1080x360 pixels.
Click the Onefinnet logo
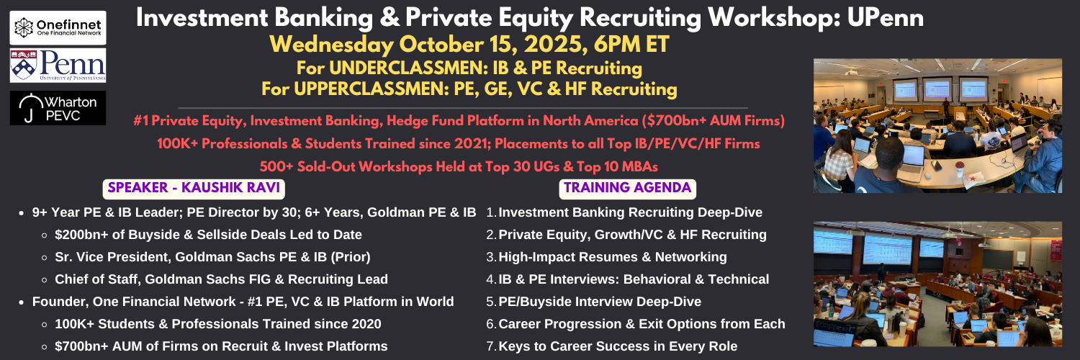point(58,28)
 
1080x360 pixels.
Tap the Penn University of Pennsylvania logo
point(58,66)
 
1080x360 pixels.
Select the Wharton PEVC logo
point(58,108)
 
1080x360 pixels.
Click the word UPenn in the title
point(885,18)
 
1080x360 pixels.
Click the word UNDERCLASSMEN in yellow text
point(408,68)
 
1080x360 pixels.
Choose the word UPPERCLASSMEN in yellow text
point(372,89)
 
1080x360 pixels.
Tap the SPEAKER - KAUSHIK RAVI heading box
point(194,189)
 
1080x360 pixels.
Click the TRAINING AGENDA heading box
point(627,189)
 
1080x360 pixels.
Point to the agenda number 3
point(491,257)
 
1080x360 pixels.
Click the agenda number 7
point(491,346)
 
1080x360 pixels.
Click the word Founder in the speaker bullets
point(58,302)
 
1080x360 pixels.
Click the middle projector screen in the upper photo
point(937,89)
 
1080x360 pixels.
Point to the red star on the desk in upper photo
point(968,179)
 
